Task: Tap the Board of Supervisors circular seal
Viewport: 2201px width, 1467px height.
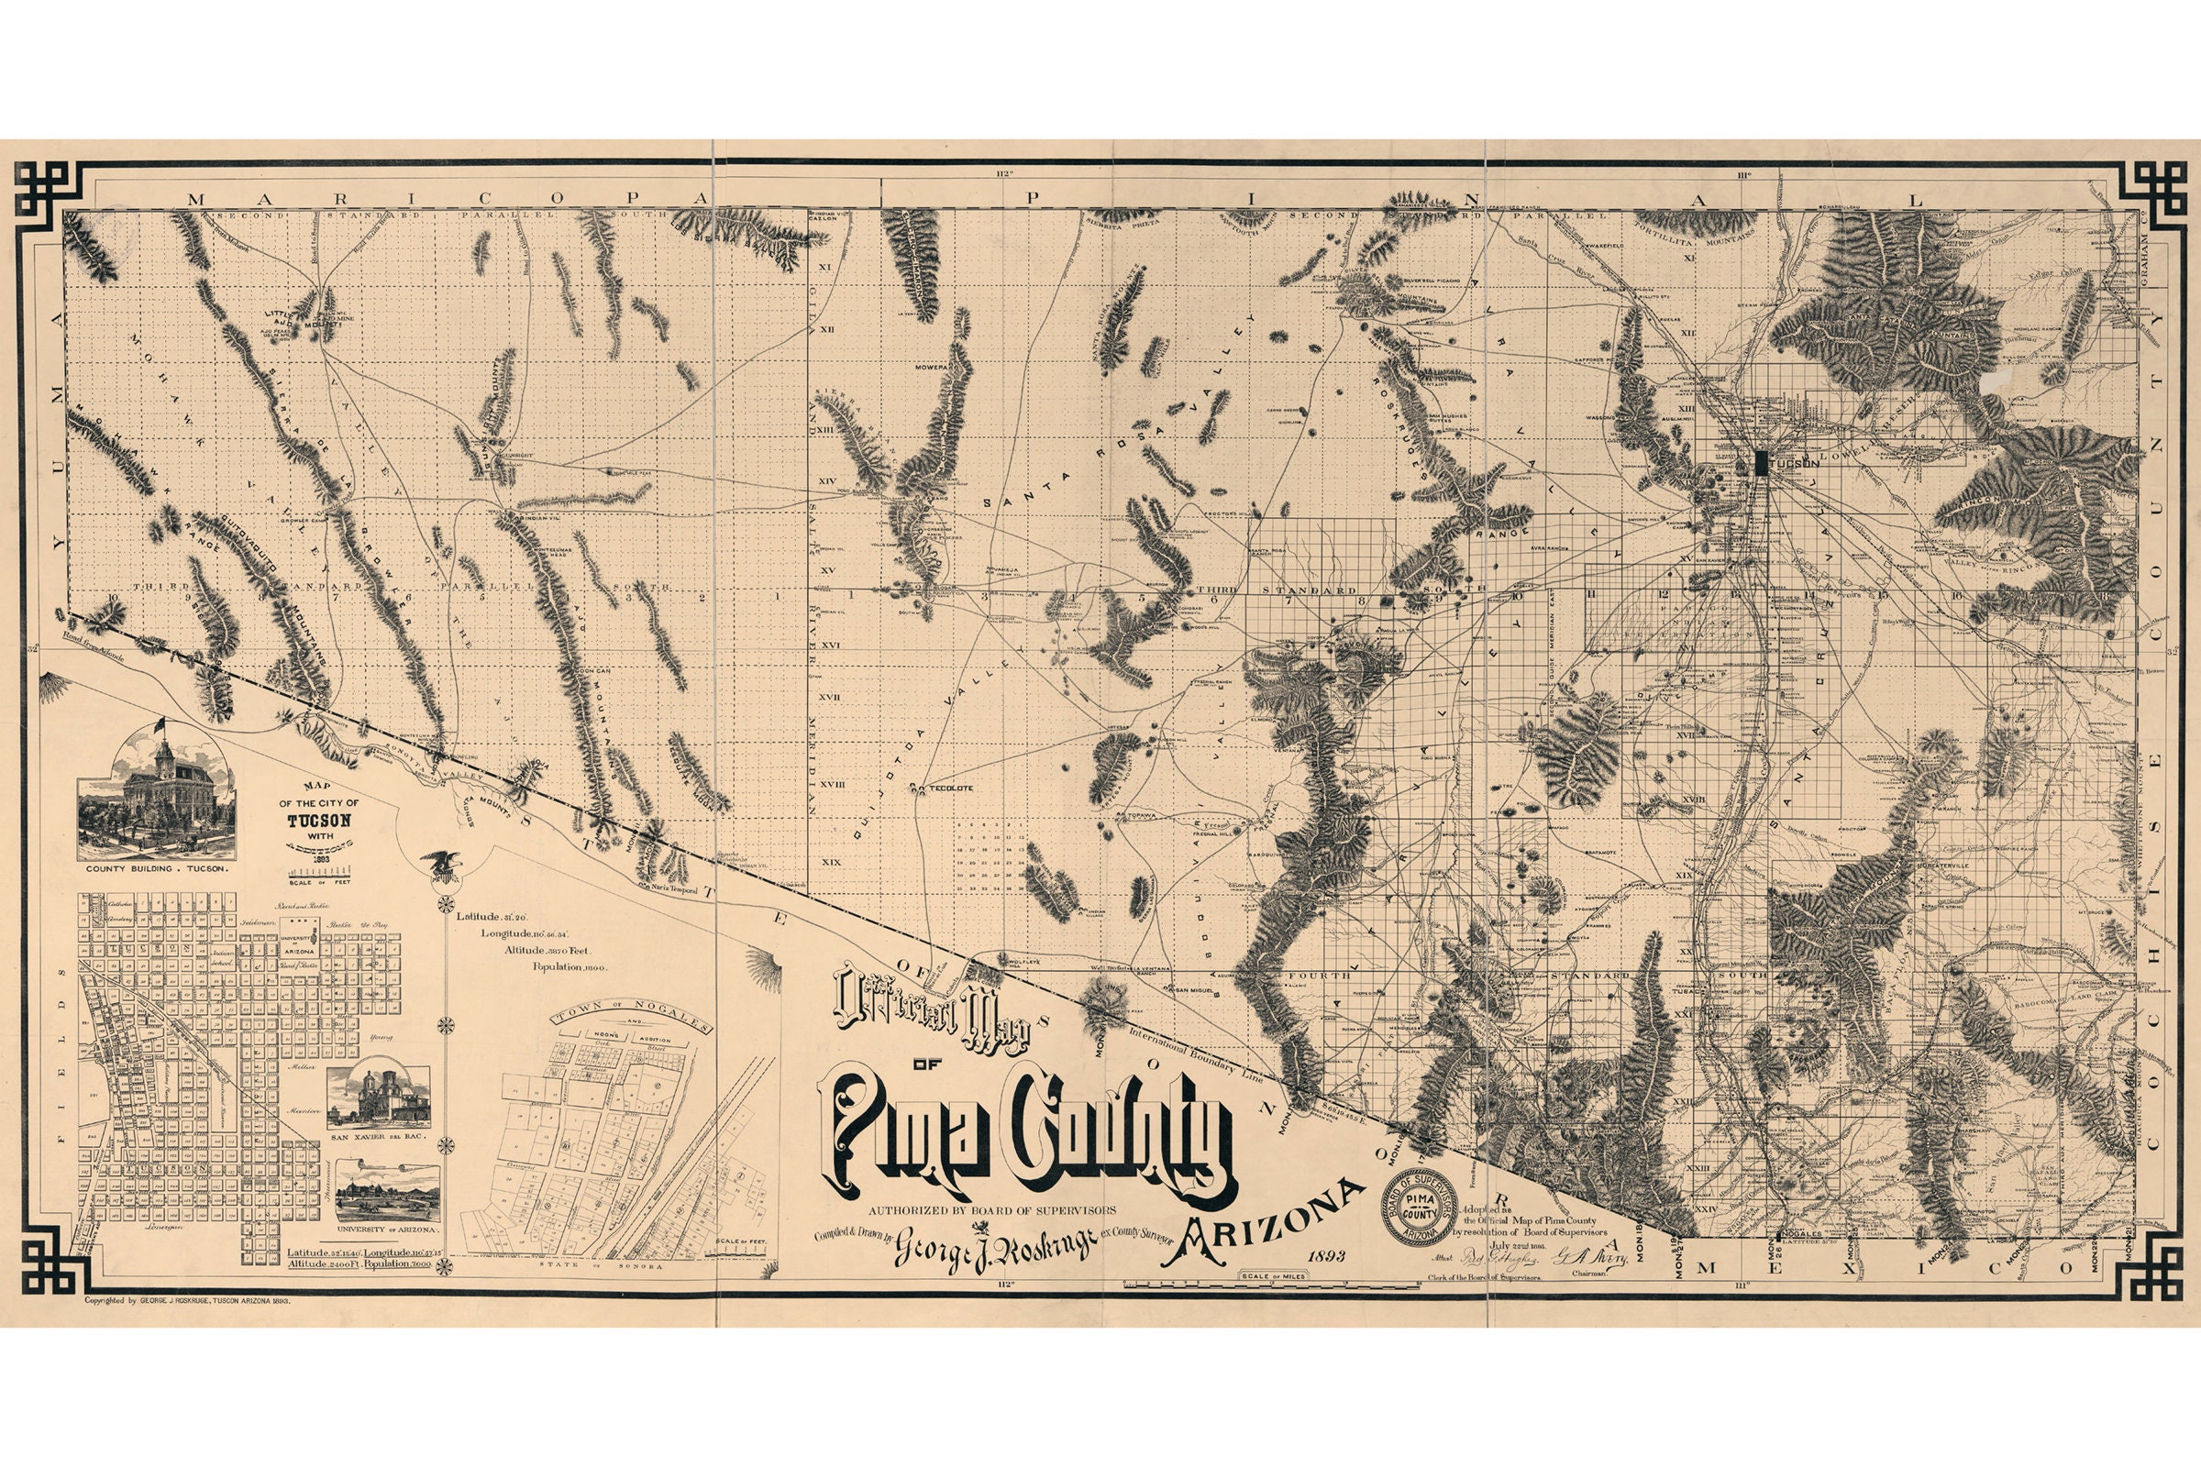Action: click(x=1421, y=1207)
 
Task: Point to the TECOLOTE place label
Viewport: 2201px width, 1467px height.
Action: click(x=950, y=788)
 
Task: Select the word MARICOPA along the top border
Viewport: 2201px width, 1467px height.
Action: click(x=412, y=198)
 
